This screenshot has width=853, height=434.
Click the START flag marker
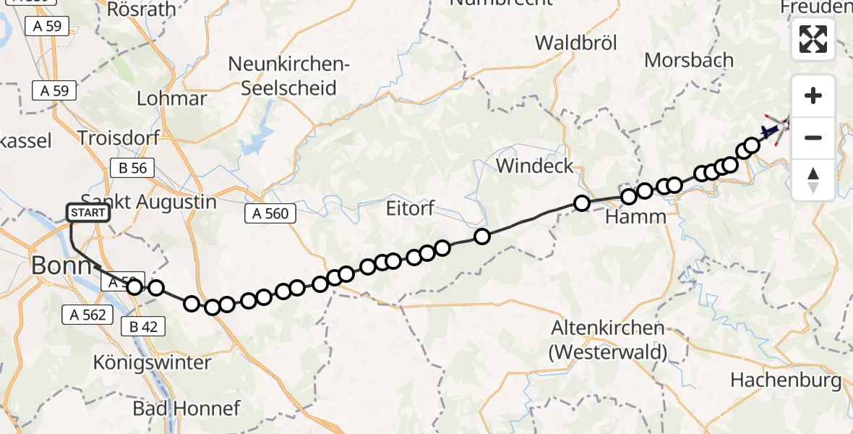(88, 213)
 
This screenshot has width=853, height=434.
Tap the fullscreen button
(813, 39)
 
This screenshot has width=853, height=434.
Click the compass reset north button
(813, 180)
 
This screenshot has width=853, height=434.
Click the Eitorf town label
(411, 210)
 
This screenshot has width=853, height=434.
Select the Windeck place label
(535, 166)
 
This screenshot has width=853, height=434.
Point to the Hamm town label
(636, 216)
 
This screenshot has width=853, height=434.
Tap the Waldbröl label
(576, 43)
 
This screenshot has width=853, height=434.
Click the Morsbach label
(688, 60)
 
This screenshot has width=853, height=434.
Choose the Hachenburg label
(786, 380)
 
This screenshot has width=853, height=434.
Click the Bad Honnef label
(186, 408)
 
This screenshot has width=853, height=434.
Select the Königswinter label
(153, 362)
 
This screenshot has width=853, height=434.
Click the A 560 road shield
(271, 213)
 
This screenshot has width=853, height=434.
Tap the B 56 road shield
(128, 169)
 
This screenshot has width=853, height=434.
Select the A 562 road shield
(88, 315)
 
